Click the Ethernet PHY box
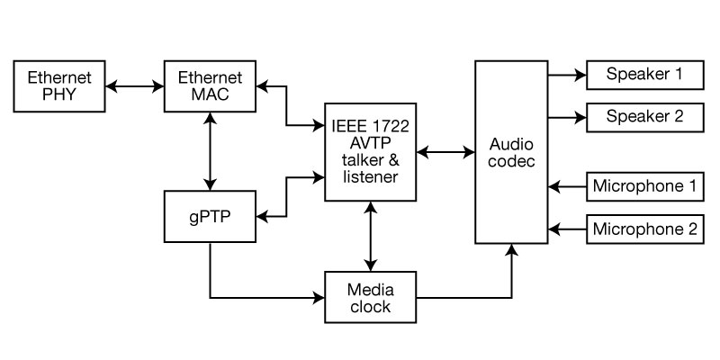pyautogui.click(x=60, y=85)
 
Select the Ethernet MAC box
pyautogui.click(x=210, y=85)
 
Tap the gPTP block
pyautogui.click(x=210, y=217)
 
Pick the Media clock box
pyautogui.click(x=370, y=298)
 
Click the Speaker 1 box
pyautogui.click(x=643, y=75)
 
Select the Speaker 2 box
pyautogui.click(x=643, y=116)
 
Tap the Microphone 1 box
pyautogui.click(x=643, y=187)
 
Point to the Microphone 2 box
pyautogui.click(x=643, y=229)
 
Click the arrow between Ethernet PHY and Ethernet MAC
pyautogui.click(x=135, y=86)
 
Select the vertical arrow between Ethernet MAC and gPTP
pyautogui.click(x=210, y=151)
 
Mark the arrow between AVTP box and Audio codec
pyautogui.click(x=445, y=153)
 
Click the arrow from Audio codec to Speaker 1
pyautogui.click(x=567, y=76)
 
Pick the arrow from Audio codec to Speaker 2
pyautogui.click(x=567, y=117)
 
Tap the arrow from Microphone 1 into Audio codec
pyautogui.click(x=567, y=187)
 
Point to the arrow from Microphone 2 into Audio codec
pyautogui.click(x=567, y=229)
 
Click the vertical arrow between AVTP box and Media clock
pyautogui.click(x=370, y=236)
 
